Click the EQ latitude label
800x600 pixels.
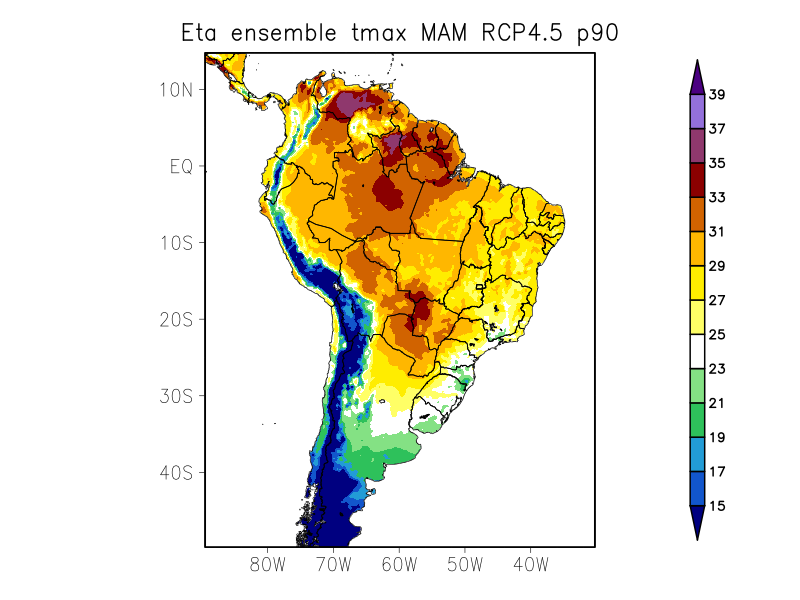tap(181, 166)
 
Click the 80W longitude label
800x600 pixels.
tap(268, 564)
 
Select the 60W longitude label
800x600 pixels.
tap(399, 564)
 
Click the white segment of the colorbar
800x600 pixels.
tap(697, 352)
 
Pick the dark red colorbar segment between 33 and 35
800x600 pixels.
tap(697, 180)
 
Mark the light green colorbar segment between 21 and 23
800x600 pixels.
tap(697, 386)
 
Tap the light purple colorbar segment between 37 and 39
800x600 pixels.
tap(697, 112)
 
